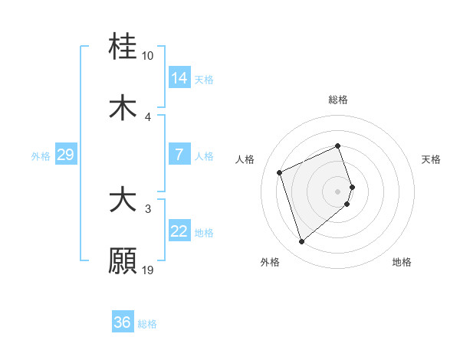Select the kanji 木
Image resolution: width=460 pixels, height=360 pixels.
(x=123, y=108)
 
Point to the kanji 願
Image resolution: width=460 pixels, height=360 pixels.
(x=123, y=260)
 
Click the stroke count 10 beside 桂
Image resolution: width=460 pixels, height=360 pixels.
(x=148, y=56)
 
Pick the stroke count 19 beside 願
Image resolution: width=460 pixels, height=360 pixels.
(x=148, y=270)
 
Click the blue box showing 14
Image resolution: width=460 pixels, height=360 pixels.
(x=179, y=77)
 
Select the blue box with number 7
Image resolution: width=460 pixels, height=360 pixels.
(x=179, y=155)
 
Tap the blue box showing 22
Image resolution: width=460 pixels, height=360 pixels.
(x=179, y=231)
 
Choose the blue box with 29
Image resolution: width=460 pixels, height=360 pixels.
(x=65, y=155)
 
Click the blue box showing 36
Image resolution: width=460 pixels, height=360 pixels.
(x=123, y=322)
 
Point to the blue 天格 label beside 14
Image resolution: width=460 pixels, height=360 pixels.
(x=204, y=79)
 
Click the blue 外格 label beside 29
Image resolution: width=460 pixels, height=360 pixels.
(x=41, y=156)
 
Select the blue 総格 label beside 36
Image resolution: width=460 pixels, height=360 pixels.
(x=147, y=324)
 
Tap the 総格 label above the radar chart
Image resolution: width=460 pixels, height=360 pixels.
(x=338, y=100)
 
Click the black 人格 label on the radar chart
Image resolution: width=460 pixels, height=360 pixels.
(x=245, y=159)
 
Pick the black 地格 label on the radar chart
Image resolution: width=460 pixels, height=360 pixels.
(x=402, y=262)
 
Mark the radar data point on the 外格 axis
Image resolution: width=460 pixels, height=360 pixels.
(x=301, y=242)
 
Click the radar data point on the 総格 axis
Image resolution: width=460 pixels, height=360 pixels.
(x=338, y=146)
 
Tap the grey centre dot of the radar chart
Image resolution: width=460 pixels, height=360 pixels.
(x=338, y=191)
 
